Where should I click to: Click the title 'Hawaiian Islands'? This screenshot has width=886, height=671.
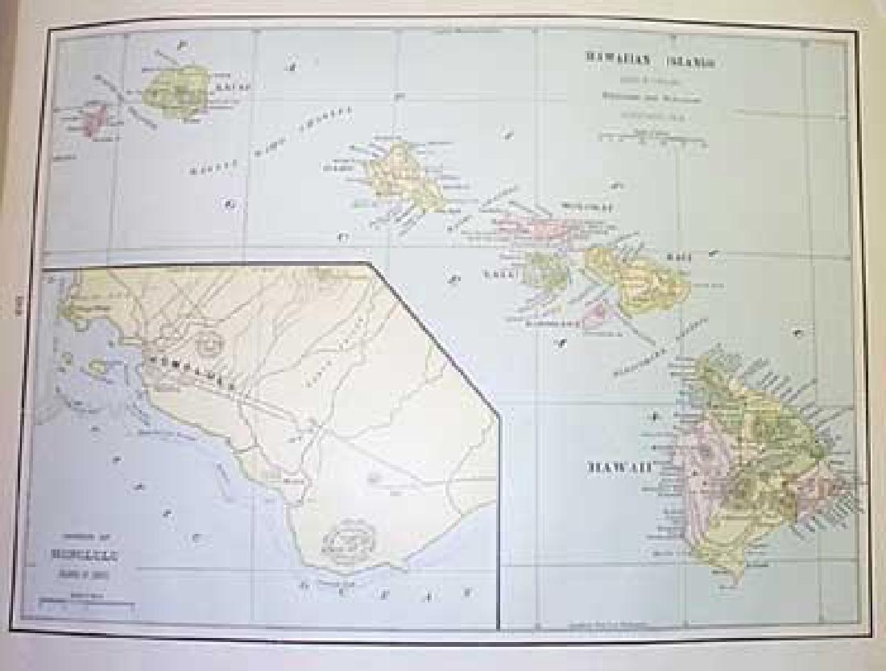[652, 60]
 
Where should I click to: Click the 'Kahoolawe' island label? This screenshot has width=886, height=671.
[553, 324]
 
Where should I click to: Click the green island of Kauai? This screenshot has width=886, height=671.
[175, 91]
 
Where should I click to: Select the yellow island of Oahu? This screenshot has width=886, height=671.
[400, 179]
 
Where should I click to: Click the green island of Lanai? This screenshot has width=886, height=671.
[544, 270]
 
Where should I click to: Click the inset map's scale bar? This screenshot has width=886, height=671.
[78, 601]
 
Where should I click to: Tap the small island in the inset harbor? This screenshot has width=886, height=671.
[98, 367]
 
